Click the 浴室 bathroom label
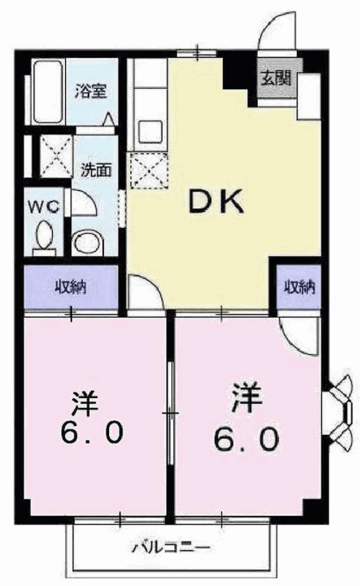point(91,91)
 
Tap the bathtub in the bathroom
point(48,92)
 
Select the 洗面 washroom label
point(96,170)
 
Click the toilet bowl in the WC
point(45,236)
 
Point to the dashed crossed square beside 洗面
point(57,156)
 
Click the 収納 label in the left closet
point(71,287)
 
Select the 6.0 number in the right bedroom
point(247,438)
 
